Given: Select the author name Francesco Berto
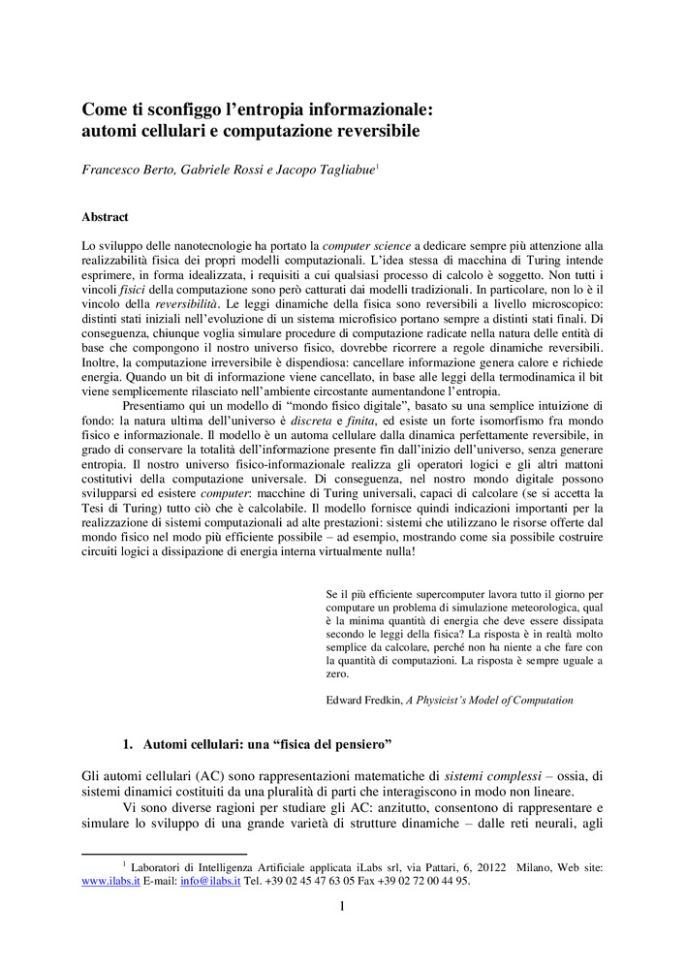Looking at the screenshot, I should (131, 170).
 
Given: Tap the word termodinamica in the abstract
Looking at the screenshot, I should (522, 362).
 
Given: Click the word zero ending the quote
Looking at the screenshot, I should (337, 674).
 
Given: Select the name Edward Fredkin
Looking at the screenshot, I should (362, 700).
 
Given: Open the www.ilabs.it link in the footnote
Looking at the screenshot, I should (111, 881).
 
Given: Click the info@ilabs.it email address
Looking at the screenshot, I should (210, 881).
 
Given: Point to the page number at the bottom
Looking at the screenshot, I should (342, 907).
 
